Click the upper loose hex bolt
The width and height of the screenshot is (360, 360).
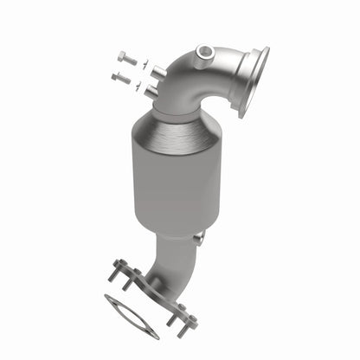125,60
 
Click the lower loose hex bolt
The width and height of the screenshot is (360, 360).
121,78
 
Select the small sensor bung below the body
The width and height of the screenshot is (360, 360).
200,238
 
